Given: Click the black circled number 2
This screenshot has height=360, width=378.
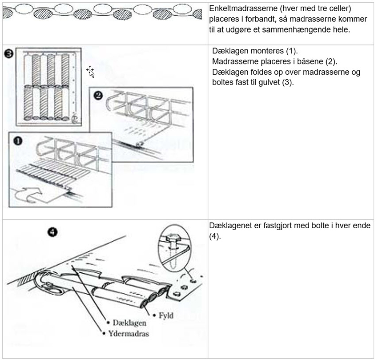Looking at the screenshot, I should [x=98, y=95].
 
